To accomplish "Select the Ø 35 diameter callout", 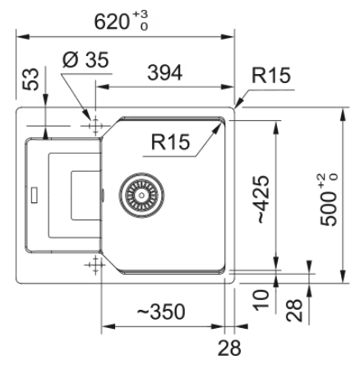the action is click(x=85, y=60).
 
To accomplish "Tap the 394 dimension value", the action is click(x=164, y=72).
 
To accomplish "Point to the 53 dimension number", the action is click(x=30, y=79).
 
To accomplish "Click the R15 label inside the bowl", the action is click(x=170, y=142).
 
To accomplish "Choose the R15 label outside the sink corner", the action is click(x=271, y=75).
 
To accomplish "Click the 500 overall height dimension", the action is click(x=329, y=200).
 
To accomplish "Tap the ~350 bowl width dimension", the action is click(x=161, y=312).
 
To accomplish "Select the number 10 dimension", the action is click(x=261, y=300).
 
